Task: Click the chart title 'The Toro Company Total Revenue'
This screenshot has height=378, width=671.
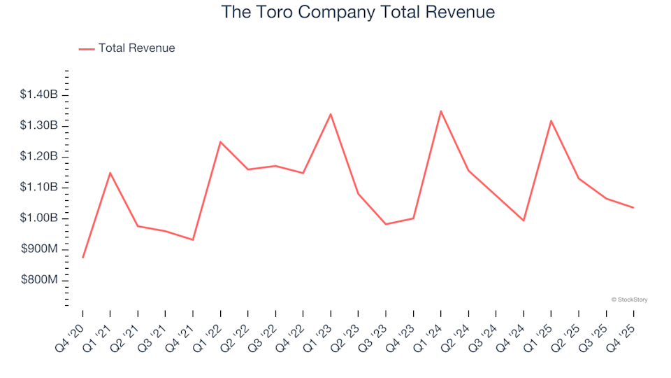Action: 358,13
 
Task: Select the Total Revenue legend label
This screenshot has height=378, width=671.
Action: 136,48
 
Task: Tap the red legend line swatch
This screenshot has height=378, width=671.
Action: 87,48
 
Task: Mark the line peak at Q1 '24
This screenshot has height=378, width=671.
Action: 440,111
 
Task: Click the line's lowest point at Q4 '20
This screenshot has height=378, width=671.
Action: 82,258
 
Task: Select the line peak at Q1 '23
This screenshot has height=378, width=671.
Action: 330,113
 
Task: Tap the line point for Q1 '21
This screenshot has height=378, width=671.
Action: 110,172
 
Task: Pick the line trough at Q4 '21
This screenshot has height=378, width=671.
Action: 193,240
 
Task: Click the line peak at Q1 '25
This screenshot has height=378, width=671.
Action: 551,120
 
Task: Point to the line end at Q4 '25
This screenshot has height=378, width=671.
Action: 633,207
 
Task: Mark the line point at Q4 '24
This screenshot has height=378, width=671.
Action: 523,220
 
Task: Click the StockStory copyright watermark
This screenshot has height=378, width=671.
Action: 629,300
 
